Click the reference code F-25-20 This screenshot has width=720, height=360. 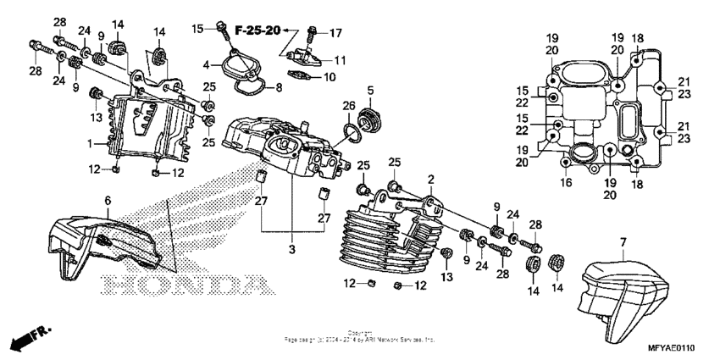point(258,30)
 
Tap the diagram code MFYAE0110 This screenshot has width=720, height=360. point(677,347)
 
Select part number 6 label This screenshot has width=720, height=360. point(108,200)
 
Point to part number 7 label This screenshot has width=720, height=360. point(623,241)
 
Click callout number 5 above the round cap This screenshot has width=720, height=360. point(369,90)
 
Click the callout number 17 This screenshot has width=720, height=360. point(335,33)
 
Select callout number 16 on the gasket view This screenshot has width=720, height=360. point(565,182)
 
